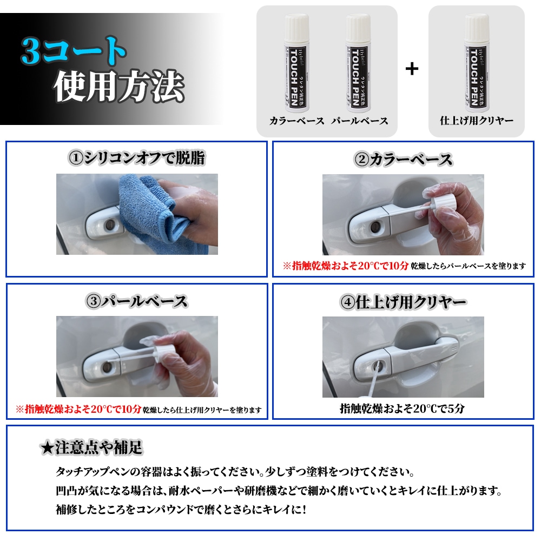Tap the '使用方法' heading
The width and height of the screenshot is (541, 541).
point(119,87)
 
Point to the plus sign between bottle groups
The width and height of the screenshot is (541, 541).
point(412,69)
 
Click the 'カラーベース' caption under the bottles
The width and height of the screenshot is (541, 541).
point(296,121)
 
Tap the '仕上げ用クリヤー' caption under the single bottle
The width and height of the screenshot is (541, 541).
point(477,121)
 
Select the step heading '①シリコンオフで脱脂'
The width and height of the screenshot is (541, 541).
point(136,158)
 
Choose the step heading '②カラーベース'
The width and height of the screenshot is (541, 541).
point(403,159)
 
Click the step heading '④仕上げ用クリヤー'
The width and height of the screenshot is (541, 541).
point(403,302)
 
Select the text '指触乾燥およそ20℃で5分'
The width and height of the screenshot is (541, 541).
point(403,409)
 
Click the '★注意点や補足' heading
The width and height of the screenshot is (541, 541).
point(91,447)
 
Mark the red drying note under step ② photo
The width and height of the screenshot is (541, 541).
point(346,266)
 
